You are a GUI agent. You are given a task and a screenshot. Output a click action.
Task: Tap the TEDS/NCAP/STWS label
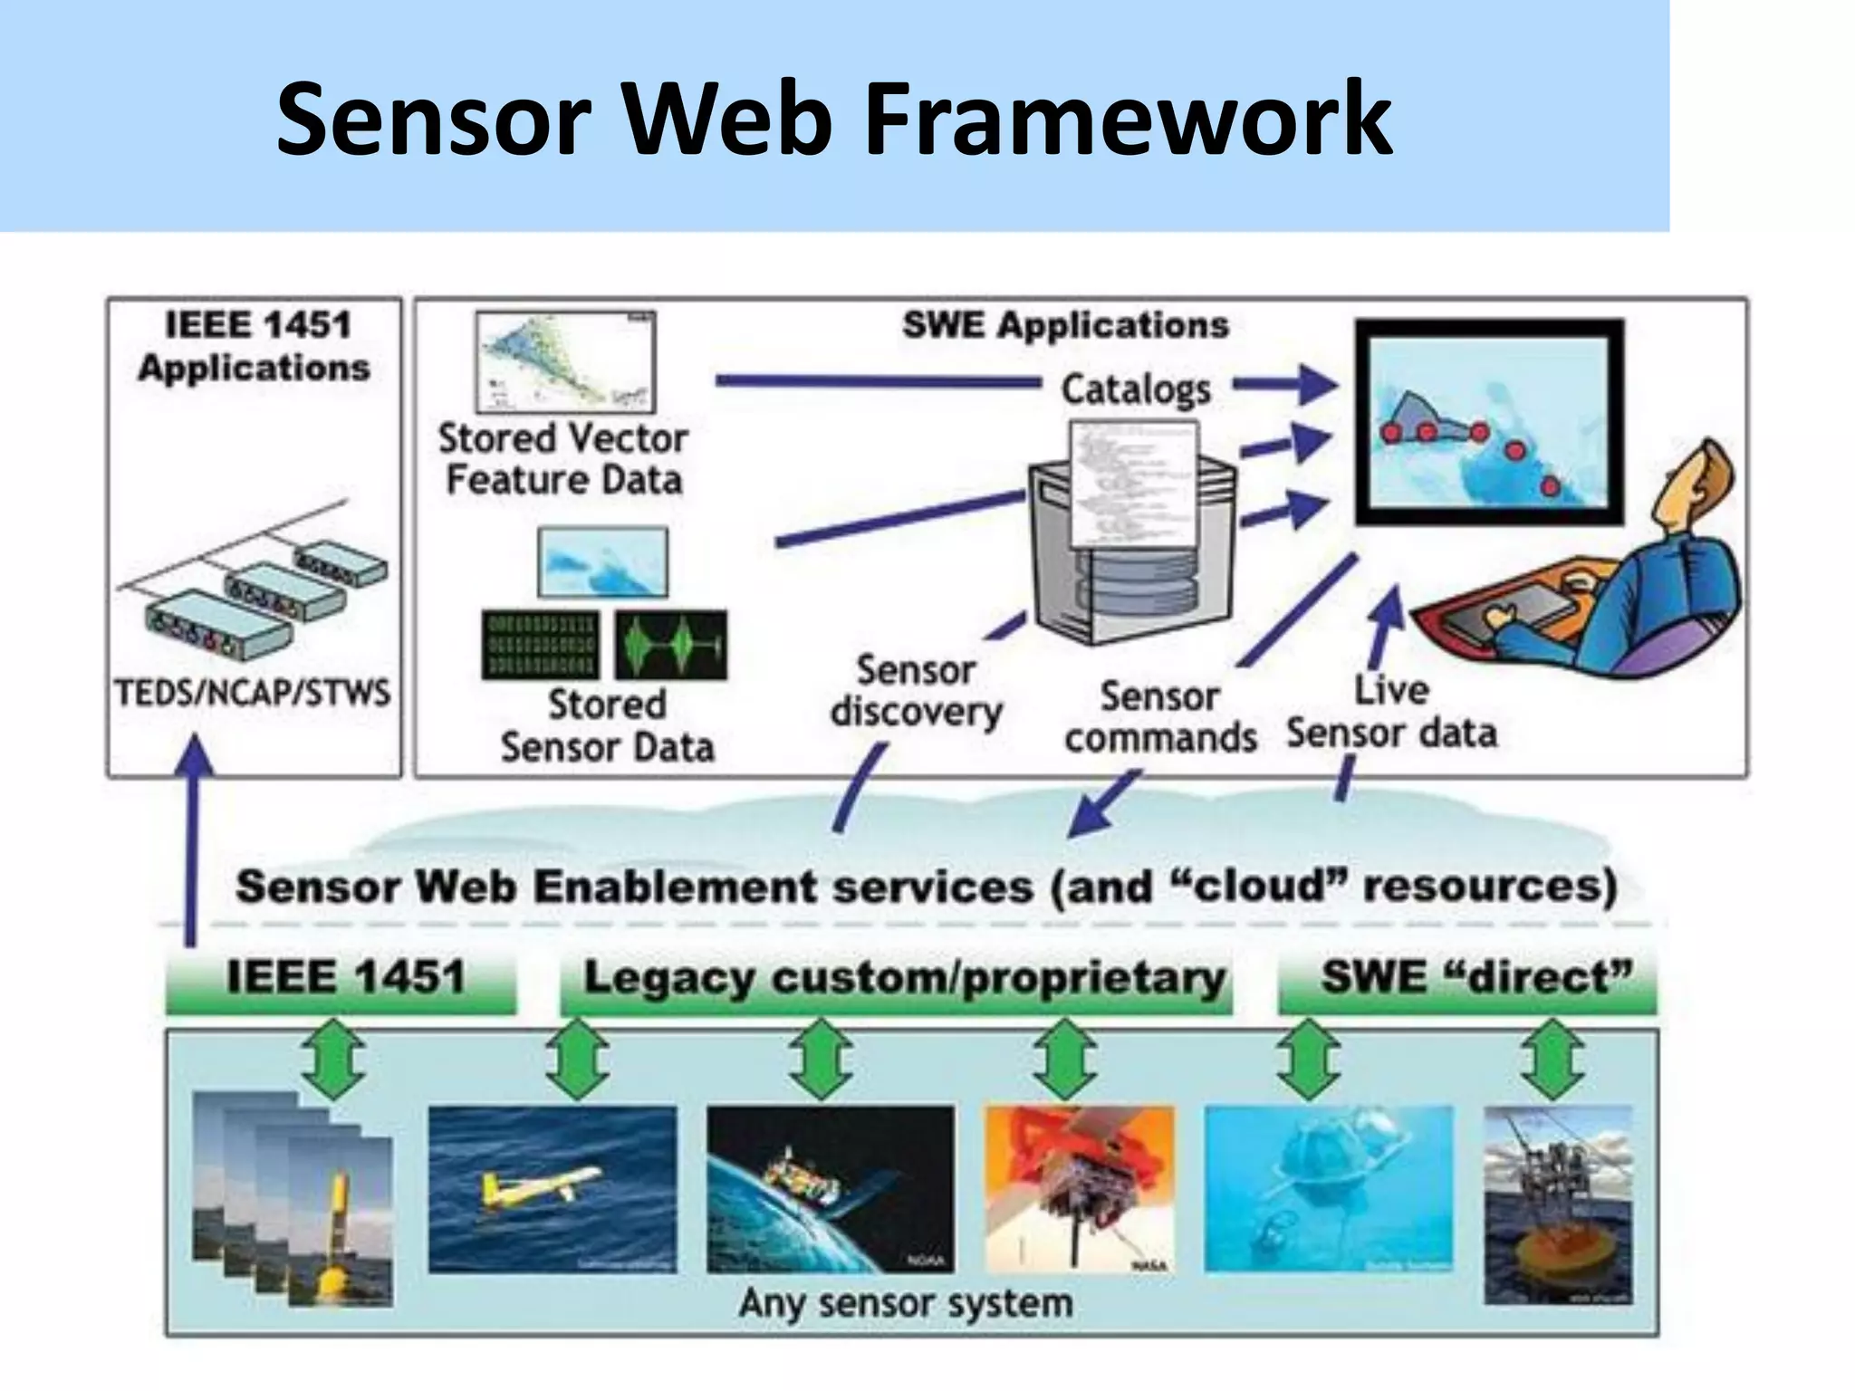click(253, 694)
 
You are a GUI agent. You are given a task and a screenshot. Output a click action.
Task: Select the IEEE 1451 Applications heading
click(255, 347)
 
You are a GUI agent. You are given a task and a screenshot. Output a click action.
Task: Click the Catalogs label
click(1136, 389)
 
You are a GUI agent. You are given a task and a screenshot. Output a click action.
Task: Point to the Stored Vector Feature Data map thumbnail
click(565, 362)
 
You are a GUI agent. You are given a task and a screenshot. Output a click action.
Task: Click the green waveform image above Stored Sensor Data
click(671, 645)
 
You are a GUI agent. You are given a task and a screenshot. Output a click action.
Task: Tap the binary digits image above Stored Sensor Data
click(542, 645)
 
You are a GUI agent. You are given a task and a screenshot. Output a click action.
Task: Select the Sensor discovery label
click(916, 691)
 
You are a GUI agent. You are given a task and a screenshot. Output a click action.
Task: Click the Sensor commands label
click(1160, 717)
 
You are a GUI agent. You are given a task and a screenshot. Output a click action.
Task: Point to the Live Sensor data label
click(1391, 713)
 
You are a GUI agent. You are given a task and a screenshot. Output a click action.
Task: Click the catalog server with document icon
click(1132, 534)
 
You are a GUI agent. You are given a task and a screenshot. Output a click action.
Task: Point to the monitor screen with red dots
click(1488, 424)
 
